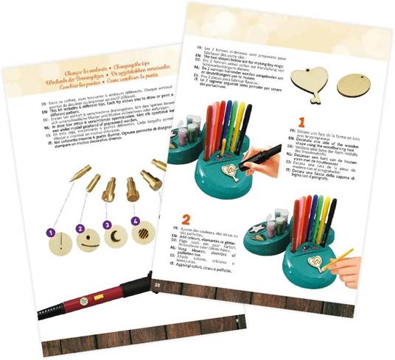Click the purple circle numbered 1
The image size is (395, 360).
click(x=52, y=233)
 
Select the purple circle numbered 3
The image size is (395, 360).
click(x=108, y=225)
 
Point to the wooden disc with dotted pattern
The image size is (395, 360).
click(x=144, y=235)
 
